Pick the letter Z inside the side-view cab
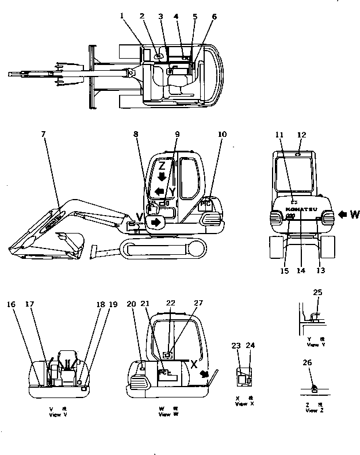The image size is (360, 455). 163,166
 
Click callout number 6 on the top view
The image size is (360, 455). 215,17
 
